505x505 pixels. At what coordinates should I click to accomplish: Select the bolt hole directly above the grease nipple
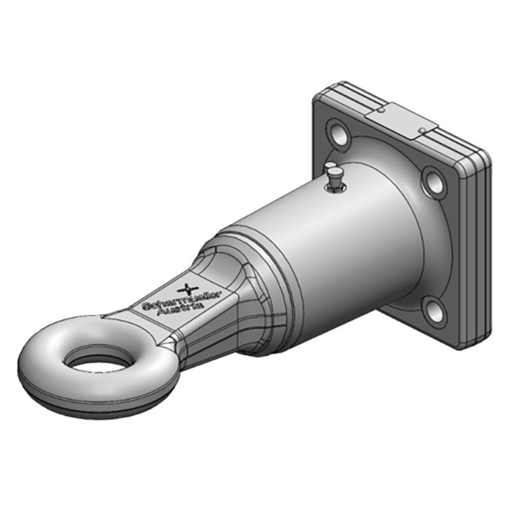(339, 133)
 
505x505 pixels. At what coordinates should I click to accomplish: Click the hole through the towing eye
(95, 360)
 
